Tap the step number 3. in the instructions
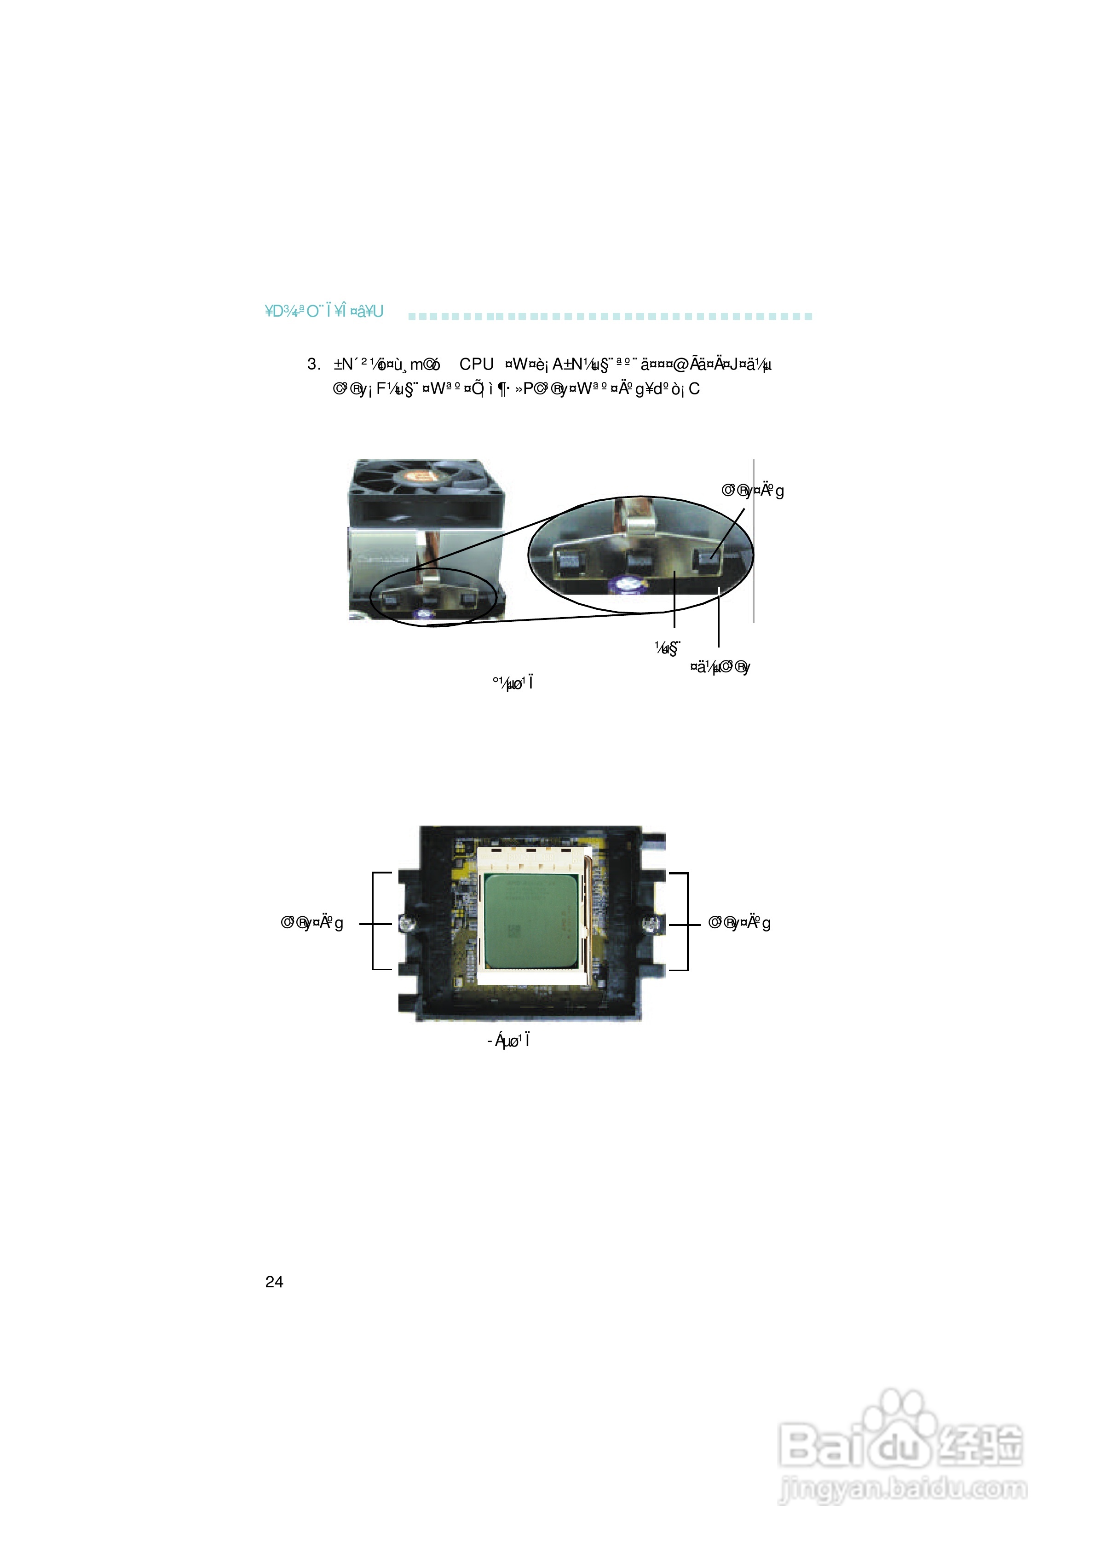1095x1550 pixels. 313,364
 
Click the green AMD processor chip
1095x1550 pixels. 530,921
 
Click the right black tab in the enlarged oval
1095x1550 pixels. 708,561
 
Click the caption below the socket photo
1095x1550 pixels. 508,1040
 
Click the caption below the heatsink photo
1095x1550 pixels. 513,683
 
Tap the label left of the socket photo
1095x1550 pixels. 312,923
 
